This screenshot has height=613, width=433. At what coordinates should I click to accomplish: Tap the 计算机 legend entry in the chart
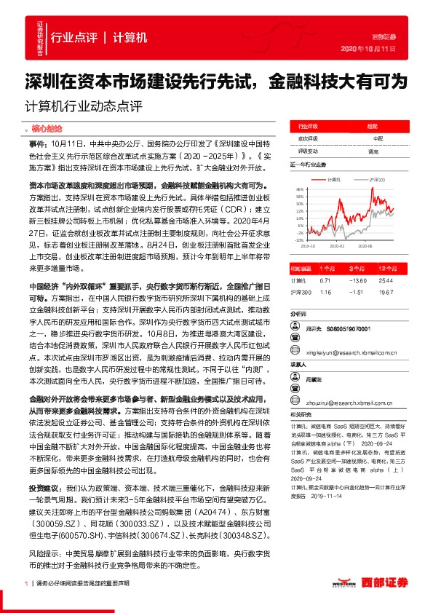(x=334, y=178)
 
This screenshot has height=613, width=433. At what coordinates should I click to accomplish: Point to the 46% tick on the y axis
(x=298, y=189)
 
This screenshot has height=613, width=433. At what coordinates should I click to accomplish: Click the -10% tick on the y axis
(x=298, y=240)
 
